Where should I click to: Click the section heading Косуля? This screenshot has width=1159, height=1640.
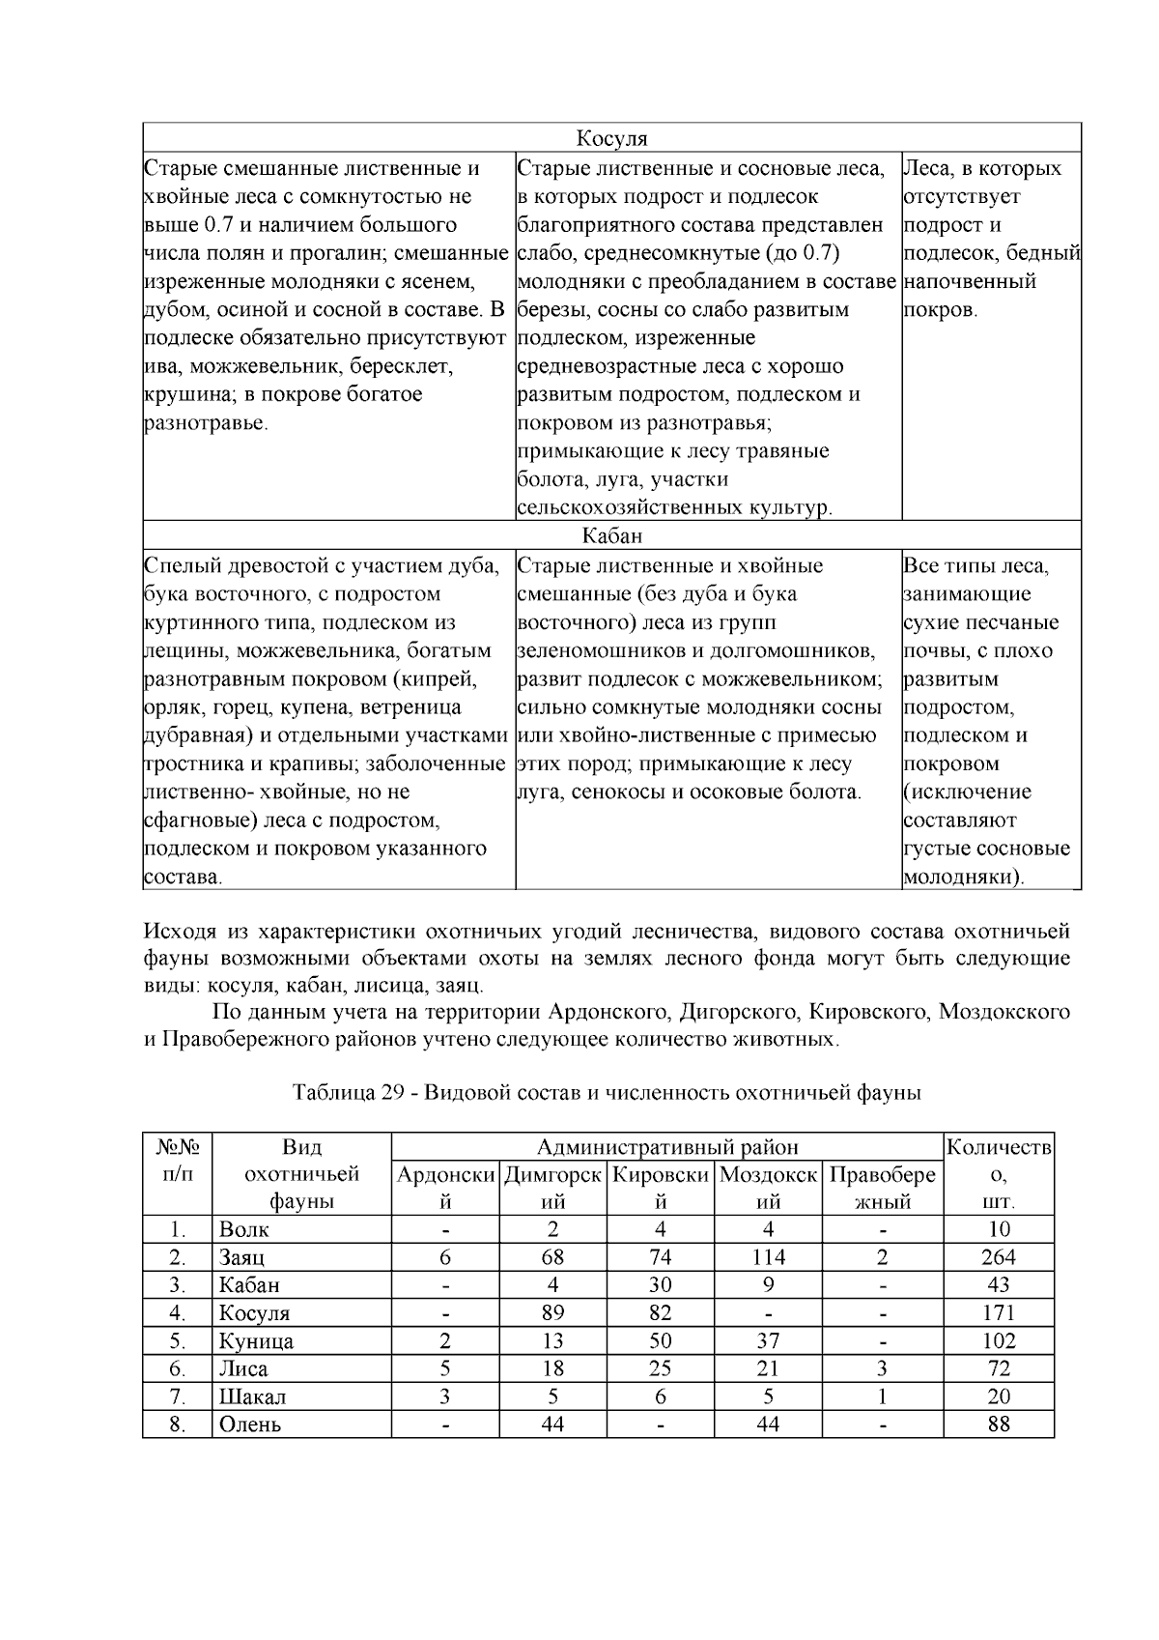[x=611, y=138]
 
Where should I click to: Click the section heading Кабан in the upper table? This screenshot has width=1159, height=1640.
[x=611, y=535]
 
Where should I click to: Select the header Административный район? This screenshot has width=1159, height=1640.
[x=667, y=1147]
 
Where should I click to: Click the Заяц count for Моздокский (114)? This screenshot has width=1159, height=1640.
[x=768, y=1257]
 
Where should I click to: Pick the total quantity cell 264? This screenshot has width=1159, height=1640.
[x=999, y=1257]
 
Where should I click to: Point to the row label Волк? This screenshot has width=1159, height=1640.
[x=244, y=1230]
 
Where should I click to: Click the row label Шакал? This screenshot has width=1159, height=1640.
[x=252, y=1396]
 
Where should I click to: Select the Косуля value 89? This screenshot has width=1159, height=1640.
[x=552, y=1312]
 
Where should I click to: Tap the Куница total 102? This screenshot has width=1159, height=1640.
[x=999, y=1341]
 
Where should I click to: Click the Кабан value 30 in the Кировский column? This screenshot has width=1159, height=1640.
[x=661, y=1285]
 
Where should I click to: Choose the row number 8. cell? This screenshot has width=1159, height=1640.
[x=177, y=1424]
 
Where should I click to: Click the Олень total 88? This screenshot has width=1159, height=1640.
[x=999, y=1424]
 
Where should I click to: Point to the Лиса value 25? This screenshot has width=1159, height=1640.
[x=661, y=1368]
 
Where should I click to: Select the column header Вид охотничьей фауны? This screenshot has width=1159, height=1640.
[x=301, y=1174]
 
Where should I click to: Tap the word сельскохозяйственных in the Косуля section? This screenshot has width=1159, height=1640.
[x=630, y=508]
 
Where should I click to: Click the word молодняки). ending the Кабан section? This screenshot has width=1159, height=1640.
[x=965, y=878]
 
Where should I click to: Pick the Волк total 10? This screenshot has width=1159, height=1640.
[x=999, y=1229]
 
